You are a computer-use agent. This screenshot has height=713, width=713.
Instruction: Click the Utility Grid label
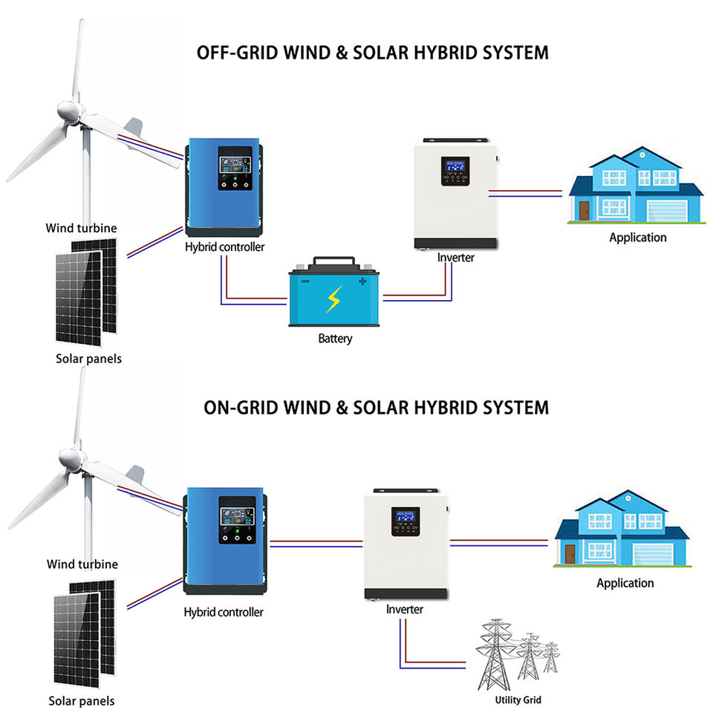click(518, 700)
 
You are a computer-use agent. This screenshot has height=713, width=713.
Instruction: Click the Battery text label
click(335, 339)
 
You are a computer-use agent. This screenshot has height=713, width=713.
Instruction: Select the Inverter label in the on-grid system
click(404, 610)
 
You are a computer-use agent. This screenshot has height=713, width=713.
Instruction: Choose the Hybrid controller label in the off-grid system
click(224, 247)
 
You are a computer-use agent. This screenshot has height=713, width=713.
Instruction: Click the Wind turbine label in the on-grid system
click(82, 564)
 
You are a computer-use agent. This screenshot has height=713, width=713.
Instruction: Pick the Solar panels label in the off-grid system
click(89, 359)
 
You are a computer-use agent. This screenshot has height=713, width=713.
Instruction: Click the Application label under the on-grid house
click(625, 583)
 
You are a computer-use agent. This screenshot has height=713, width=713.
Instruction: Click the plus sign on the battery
click(362, 281)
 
